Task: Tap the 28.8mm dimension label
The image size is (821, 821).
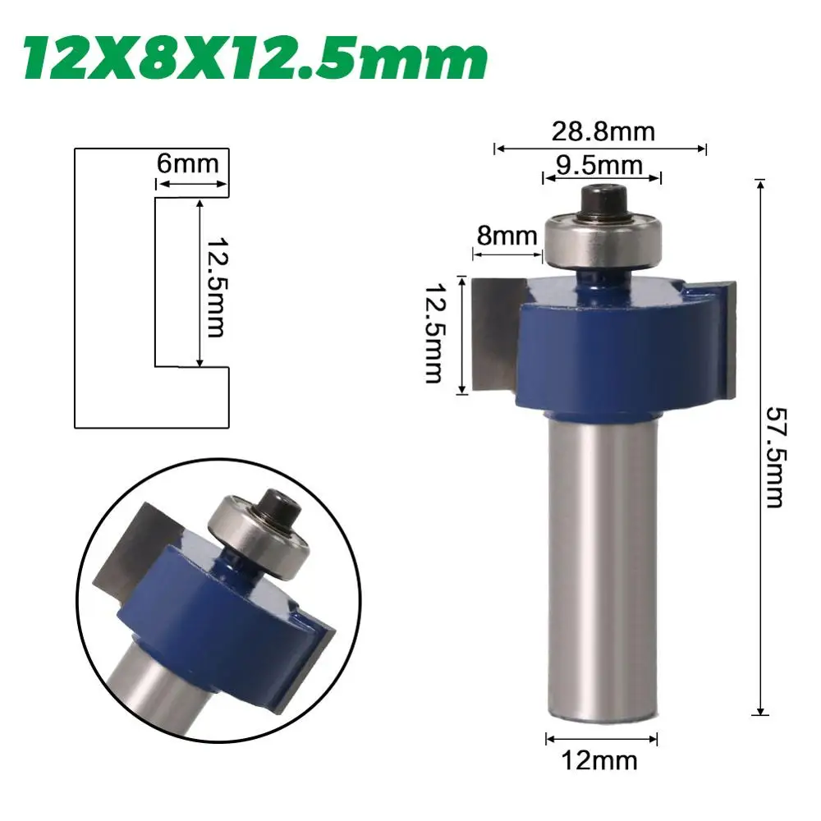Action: click(603, 131)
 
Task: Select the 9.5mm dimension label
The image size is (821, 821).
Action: click(599, 166)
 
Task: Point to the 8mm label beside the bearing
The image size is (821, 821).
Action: click(507, 236)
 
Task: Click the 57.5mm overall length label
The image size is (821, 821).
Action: click(775, 457)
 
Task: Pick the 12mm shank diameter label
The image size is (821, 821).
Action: click(599, 760)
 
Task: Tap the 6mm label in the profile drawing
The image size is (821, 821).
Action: click(187, 164)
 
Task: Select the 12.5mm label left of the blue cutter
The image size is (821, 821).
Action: click(434, 333)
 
